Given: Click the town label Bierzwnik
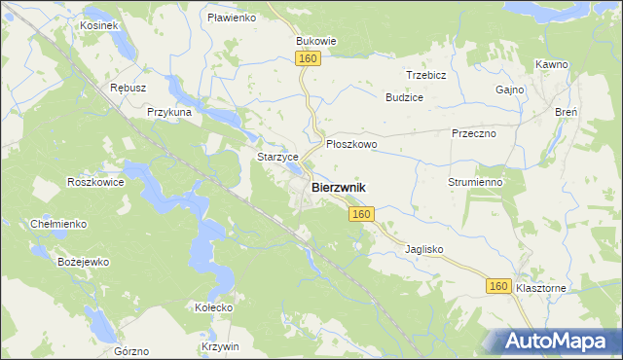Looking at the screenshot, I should (339, 186).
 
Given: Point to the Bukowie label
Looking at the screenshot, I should (315, 42).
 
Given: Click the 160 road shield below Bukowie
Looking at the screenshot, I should (309, 59).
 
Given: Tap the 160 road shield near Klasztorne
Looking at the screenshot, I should (498, 285).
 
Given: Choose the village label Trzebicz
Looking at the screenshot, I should (425, 75).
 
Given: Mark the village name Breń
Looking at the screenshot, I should (567, 112).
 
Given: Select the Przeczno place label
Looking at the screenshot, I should (474, 133).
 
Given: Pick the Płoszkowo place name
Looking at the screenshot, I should (351, 143).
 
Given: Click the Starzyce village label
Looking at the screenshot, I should (275, 157).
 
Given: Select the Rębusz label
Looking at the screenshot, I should (128, 88).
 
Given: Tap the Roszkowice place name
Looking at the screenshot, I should (94, 181).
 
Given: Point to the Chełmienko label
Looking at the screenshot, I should (58, 224).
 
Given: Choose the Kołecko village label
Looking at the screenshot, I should (213, 307).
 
